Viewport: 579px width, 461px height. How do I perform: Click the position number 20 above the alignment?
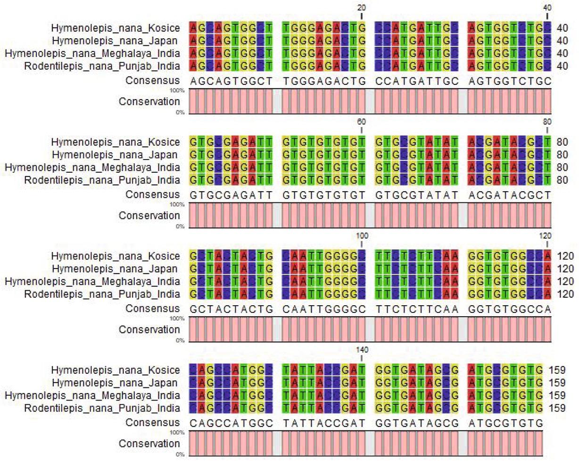(x=362, y=8)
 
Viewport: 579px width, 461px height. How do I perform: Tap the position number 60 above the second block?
(x=362, y=122)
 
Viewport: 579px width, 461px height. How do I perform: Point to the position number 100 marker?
(x=362, y=235)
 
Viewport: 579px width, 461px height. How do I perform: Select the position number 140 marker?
(x=362, y=350)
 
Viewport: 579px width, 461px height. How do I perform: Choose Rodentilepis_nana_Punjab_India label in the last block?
(x=102, y=408)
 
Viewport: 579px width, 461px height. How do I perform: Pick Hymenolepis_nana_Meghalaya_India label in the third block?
(x=92, y=282)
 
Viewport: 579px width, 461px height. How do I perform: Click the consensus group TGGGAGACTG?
(x=325, y=81)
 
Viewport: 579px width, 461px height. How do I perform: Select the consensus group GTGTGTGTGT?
(x=325, y=195)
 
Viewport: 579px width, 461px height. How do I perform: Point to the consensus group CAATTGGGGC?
(x=325, y=309)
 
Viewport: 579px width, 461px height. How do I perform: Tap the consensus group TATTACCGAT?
(x=325, y=423)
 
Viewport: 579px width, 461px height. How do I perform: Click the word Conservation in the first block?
(x=149, y=102)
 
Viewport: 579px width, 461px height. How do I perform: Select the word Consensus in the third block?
(x=152, y=309)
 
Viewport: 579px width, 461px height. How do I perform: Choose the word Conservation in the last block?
(x=149, y=444)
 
